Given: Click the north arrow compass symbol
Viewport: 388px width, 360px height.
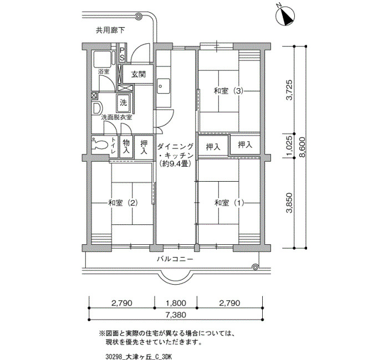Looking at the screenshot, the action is (x=285, y=16).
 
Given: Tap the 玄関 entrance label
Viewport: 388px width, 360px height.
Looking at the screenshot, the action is (x=139, y=74).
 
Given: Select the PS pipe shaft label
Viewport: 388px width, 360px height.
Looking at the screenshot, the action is (x=122, y=54).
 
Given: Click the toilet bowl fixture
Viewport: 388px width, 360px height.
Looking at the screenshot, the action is (x=99, y=144).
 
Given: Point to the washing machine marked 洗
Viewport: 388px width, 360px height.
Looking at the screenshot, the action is (x=123, y=103).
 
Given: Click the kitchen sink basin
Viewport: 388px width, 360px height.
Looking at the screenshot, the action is (x=164, y=86).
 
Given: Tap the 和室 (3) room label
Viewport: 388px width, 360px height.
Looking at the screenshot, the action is (x=228, y=91).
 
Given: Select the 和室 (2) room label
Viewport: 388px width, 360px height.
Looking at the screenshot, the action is (x=122, y=203).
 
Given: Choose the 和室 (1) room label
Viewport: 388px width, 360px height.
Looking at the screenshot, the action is (x=229, y=203).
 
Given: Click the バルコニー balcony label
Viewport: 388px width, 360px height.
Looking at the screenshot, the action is (x=175, y=259).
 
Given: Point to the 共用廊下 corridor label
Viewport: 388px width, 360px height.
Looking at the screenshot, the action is (x=110, y=30).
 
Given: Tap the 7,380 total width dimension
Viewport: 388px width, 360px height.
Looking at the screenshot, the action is (x=176, y=315).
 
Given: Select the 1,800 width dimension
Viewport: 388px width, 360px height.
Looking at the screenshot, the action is (x=176, y=303).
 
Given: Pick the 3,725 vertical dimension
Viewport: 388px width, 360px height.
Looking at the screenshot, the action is (x=289, y=90).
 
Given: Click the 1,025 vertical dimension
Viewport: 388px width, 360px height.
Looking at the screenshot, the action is (x=289, y=146).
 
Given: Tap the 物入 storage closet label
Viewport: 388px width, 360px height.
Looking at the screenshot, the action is (x=126, y=146).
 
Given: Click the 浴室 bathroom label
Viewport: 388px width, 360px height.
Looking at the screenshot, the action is (x=104, y=72).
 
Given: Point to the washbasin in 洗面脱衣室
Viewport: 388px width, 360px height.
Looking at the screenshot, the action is (x=97, y=108).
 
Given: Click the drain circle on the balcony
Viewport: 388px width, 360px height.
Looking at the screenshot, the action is (x=254, y=267).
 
